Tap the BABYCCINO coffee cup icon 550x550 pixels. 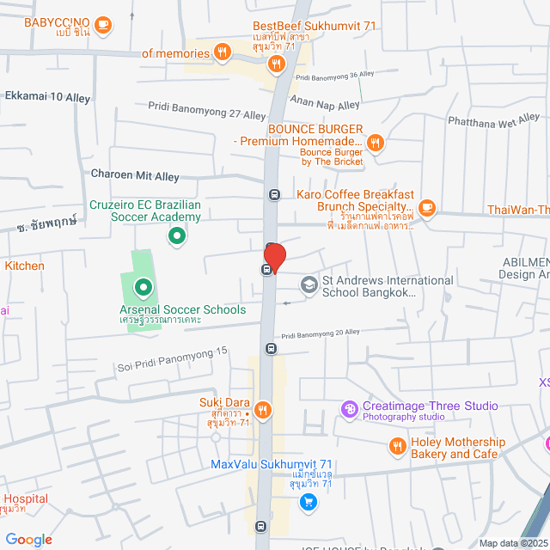click(103, 24)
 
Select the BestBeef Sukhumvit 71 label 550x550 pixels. click(315, 27)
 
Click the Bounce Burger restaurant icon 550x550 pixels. click(375, 143)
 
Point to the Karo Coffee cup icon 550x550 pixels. click(427, 207)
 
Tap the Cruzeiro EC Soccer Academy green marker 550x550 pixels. click(176, 235)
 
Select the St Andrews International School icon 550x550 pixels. click(309, 284)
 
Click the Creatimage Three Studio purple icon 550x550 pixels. click(349, 409)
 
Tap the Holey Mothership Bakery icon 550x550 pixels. click(397, 445)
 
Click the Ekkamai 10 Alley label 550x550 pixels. click(47, 98)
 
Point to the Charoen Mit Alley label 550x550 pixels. click(135, 175)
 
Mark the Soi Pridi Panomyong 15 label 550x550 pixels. click(172, 359)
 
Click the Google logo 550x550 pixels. click(28, 540)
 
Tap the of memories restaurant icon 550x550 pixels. click(223, 52)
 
